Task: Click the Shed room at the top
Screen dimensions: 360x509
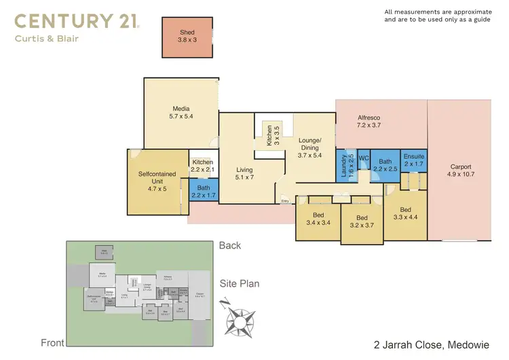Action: (187, 37)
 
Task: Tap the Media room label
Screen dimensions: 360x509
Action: (181, 113)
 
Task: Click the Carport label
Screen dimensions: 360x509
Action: (461, 170)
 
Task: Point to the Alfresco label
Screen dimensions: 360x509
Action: (371, 121)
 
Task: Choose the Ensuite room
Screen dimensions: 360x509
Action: (413, 162)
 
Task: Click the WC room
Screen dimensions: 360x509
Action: (363, 159)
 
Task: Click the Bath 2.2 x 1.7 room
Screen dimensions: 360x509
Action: (204, 192)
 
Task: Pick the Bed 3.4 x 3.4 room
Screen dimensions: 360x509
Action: (317, 218)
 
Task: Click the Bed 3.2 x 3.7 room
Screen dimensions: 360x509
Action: (361, 221)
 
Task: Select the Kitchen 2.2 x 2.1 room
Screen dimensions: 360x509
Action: (203, 166)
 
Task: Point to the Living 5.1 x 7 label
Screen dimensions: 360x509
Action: (244, 174)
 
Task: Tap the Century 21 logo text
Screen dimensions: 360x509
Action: (77, 21)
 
